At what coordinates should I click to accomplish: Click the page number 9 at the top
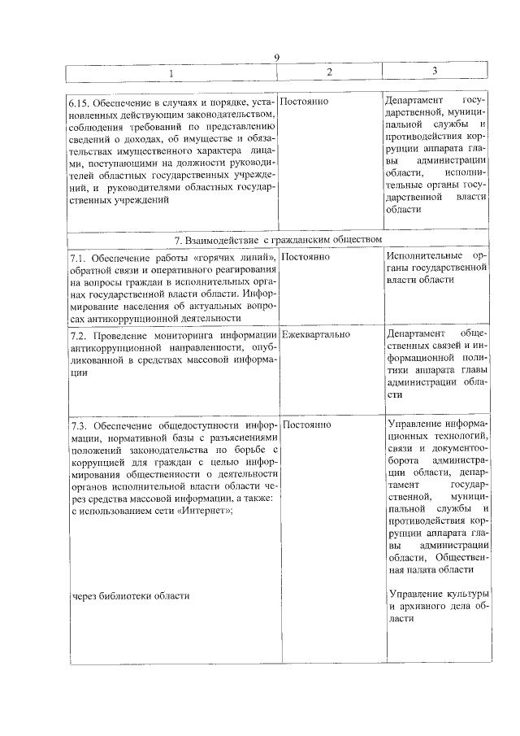(277, 57)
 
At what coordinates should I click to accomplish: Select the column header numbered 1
(171, 73)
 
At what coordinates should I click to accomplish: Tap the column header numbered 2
(329, 72)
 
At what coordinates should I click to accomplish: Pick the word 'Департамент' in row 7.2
(416, 333)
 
